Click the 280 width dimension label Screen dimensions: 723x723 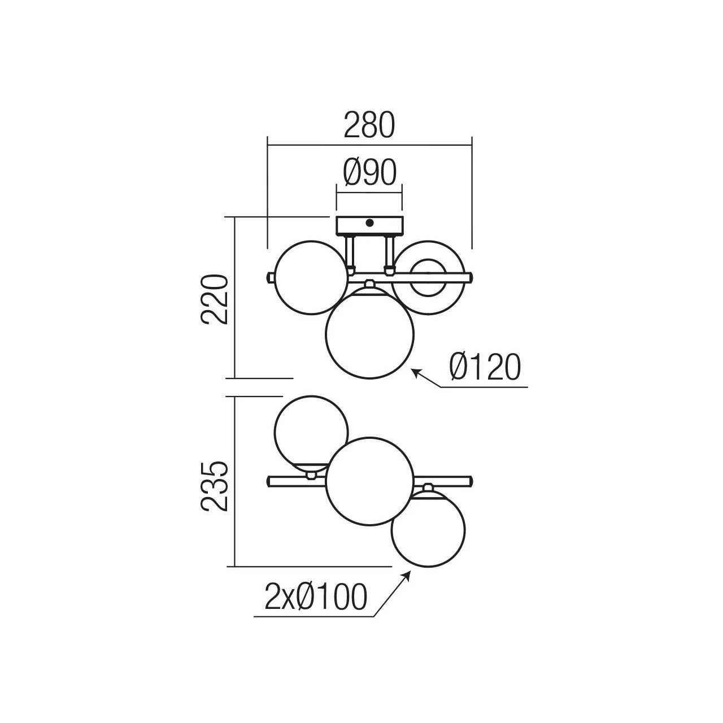pyautogui.click(x=369, y=125)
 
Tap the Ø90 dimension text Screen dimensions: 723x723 pyautogui.click(x=370, y=172)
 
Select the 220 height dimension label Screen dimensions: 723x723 pyautogui.click(x=214, y=299)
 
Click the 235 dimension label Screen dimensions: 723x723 pyautogui.click(x=214, y=486)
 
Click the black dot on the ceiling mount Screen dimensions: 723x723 pyautogui.click(x=369, y=223)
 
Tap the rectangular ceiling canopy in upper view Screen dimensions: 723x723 pyautogui.click(x=369, y=225)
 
